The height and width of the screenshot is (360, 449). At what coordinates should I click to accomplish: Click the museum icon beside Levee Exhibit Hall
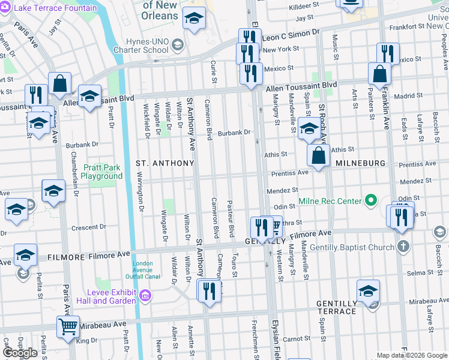(145, 295)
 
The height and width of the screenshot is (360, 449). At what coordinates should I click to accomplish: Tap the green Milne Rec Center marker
(371, 200)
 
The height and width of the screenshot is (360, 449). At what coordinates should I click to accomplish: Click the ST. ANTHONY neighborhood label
(165, 163)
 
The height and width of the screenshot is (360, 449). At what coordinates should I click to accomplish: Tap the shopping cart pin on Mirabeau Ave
(68, 327)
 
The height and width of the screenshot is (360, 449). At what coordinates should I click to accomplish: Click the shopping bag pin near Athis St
(319, 156)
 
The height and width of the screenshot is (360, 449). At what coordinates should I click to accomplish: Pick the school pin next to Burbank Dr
(309, 128)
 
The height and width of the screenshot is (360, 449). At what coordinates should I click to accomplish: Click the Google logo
(20, 353)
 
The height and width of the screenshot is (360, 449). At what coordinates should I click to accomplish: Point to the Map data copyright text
(412, 355)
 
